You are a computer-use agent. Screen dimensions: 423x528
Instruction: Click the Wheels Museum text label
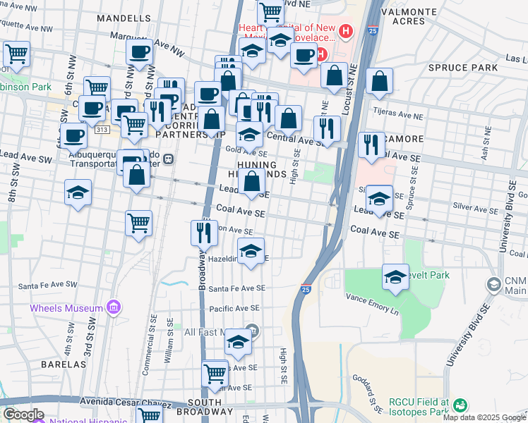point(66,308)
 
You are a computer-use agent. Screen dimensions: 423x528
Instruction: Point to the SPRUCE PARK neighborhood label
point(458,67)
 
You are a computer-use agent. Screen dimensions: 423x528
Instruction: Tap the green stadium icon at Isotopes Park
point(460,405)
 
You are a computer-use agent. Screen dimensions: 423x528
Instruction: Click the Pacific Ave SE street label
point(232,309)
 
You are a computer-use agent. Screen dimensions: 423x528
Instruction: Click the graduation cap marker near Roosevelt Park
point(395,277)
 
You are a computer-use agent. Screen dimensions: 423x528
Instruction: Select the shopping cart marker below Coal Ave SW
point(139,223)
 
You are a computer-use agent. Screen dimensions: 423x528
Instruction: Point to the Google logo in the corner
point(23,415)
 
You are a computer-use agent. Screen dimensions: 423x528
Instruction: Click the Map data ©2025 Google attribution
point(484,417)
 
